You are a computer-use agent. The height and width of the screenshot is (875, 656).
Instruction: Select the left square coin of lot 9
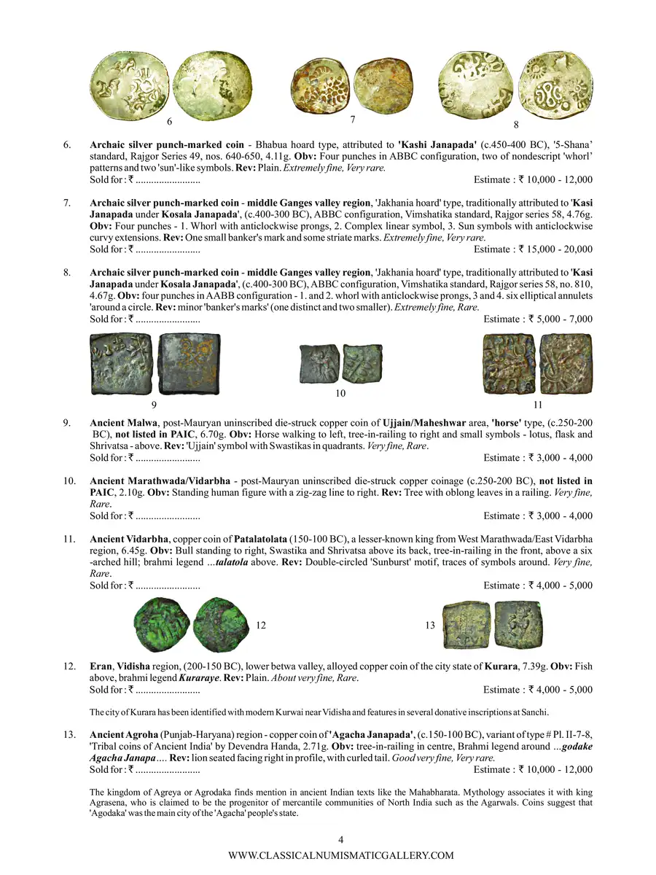click(122, 364)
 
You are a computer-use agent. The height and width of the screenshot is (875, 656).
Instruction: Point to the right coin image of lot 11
click(566, 364)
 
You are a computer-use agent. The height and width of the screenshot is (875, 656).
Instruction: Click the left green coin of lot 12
click(164, 624)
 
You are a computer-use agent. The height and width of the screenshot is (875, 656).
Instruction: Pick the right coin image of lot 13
click(518, 624)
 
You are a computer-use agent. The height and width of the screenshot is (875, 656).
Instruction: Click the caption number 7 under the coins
click(352, 119)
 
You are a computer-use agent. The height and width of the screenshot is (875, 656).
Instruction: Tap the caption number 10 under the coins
click(340, 393)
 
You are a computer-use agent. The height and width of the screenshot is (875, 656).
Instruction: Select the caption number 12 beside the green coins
click(261, 625)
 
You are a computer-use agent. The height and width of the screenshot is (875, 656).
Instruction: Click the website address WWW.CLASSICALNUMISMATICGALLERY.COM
click(341, 855)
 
